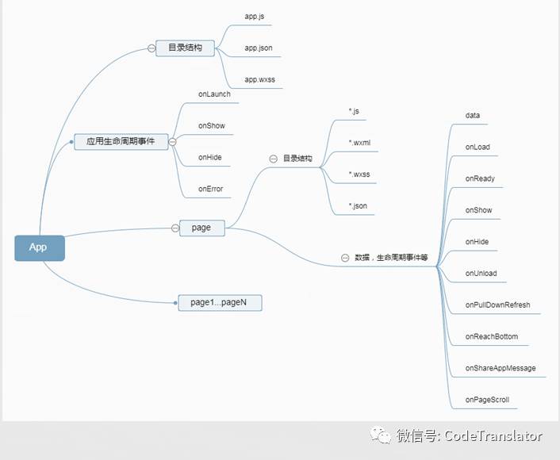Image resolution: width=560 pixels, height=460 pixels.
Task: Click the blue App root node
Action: [x=39, y=247]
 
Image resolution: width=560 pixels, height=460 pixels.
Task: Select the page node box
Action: [x=201, y=228]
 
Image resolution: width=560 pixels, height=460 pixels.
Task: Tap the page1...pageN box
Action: [x=220, y=302]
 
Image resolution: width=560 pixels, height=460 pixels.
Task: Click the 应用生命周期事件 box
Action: [x=121, y=142]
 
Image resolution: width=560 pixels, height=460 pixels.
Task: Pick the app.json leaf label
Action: [x=259, y=48]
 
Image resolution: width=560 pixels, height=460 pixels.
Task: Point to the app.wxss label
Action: [x=259, y=79]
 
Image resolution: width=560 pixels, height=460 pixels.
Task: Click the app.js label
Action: [x=255, y=16]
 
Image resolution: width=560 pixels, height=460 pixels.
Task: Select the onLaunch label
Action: [x=214, y=94]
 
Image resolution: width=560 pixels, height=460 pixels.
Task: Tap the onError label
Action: [x=210, y=189]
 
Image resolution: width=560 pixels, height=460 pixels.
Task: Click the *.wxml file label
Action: [x=359, y=143]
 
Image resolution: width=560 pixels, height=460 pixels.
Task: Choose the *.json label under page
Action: [x=358, y=206]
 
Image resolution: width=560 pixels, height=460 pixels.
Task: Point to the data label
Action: [x=473, y=116]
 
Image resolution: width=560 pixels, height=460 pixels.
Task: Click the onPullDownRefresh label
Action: [x=497, y=305]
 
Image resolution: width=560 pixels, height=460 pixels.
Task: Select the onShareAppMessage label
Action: [x=501, y=368]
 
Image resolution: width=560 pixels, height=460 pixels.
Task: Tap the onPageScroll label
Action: [x=487, y=400]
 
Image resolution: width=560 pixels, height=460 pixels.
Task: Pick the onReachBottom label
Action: [x=491, y=336]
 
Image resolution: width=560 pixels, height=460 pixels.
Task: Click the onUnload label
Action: [x=481, y=274]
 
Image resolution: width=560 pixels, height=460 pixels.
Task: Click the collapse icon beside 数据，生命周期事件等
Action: [x=344, y=258]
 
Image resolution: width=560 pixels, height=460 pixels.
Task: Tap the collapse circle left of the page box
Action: [x=175, y=228]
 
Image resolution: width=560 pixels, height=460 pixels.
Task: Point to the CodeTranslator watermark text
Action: [x=493, y=436]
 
